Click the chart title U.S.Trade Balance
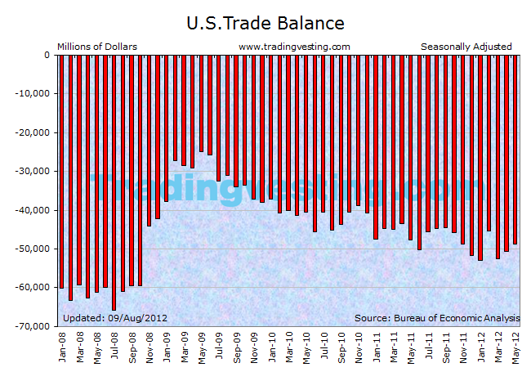click(x=265, y=23)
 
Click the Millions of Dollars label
click(x=96, y=47)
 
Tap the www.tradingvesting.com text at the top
click(x=294, y=47)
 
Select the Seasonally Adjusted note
click(x=466, y=47)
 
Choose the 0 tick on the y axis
click(x=47, y=56)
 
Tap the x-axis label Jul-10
click(x=324, y=347)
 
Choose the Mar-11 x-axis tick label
click(x=393, y=347)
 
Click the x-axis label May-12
click(x=515, y=347)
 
